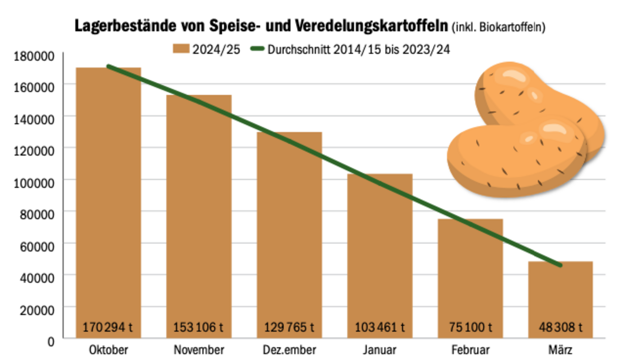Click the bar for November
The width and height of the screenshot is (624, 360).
(199, 209)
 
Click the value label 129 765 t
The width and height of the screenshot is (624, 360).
(289, 326)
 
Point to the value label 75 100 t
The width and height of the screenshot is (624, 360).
(470, 326)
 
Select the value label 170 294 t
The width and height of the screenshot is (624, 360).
(108, 326)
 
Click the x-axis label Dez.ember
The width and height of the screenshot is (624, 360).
(289, 350)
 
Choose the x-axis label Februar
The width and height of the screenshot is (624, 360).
(470, 350)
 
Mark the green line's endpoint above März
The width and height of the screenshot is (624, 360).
(560, 265)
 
